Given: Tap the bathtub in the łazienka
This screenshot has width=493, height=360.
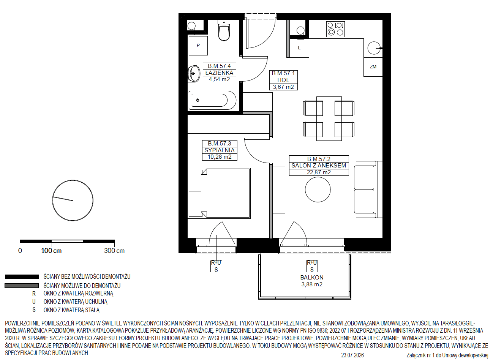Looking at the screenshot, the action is pyautogui.click(x=213, y=100).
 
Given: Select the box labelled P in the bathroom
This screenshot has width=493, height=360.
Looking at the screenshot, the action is pyautogui.click(x=198, y=46).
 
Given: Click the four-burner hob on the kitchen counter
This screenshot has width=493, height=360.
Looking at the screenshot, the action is pyautogui.click(x=335, y=29).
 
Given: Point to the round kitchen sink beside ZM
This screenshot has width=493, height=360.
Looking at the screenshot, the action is pyautogui.click(x=374, y=48).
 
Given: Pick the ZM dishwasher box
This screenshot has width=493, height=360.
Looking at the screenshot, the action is pyautogui.click(x=373, y=67).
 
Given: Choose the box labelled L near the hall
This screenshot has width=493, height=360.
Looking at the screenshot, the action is pyautogui.click(x=299, y=48).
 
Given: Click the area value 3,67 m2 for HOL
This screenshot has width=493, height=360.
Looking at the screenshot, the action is pyautogui.click(x=283, y=87).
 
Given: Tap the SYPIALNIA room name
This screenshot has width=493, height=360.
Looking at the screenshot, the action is pyautogui.click(x=220, y=150).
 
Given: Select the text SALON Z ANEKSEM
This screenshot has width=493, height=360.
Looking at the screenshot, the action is pyautogui.click(x=319, y=166).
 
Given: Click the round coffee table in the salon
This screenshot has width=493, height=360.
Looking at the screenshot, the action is pyautogui.click(x=318, y=189).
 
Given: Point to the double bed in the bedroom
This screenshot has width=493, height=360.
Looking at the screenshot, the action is pyautogui.click(x=219, y=193).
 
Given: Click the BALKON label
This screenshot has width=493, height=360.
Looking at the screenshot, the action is pyautogui.click(x=312, y=278).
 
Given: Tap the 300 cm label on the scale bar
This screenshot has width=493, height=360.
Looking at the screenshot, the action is pyautogui.click(x=114, y=250).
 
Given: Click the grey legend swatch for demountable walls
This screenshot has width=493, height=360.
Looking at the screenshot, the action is pyautogui.click(x=22, y=286).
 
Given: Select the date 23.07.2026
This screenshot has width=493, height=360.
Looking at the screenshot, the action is pyautogui.click(x=352, y=355).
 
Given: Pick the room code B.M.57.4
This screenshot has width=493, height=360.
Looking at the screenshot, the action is pyautogui.click(x=220, y=66).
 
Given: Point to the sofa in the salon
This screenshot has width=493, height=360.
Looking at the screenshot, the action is pyautogui.click(x=368, y=189).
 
